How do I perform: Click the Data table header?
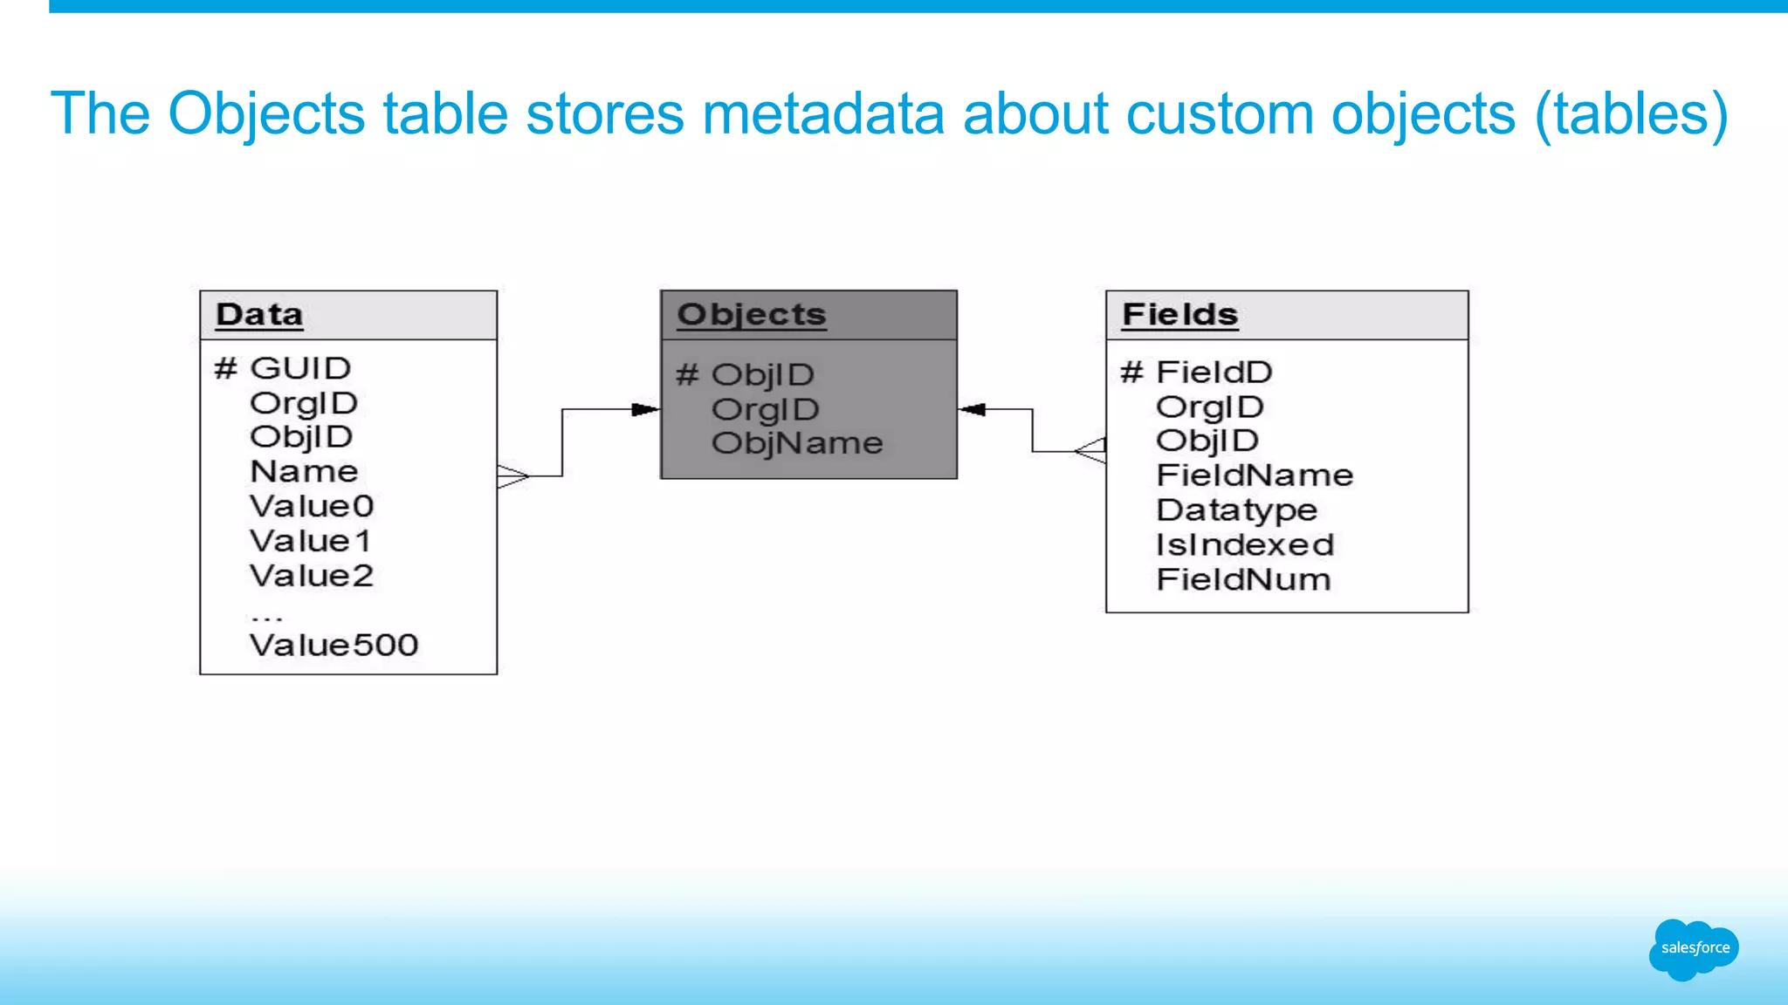pyautogui.click(x=259, y=315)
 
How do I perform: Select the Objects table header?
pyautogui.click(x=751, y=315)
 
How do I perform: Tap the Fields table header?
pyautogui.click(x=1179, y=315)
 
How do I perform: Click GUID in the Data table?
pyautogui.click(x=299, y=368)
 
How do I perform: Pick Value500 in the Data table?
pyautogui.click(x=334, y=646)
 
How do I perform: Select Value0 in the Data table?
pyautogui.click(x=312, y=507)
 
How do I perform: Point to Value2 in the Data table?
pyautogui.click(x=312, y=577)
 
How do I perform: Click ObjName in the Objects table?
pyautogui.click(x=796, y=444)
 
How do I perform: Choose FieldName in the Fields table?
pyautogui.click(x=1254, y=475)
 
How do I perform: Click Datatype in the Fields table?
pyautogui.click(x=1236, y=510)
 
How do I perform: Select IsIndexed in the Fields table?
pyautogui.click(x=1245, y=545)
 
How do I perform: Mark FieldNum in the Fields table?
pyautogui.click(x=1243, y=580)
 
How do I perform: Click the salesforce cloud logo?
pyautogui.click(x=1694, y=948)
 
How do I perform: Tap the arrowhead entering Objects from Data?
pyautogui.click(x=645, y=409)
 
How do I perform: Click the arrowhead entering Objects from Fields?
pyautogui.click(x=973, y=409)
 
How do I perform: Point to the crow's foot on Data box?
pyautogui.click(x=513, y=476)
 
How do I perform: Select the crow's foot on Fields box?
pyautogui.click(x=1091, y=451)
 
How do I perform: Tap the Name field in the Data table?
pyautogui.click(x=304, y=472)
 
